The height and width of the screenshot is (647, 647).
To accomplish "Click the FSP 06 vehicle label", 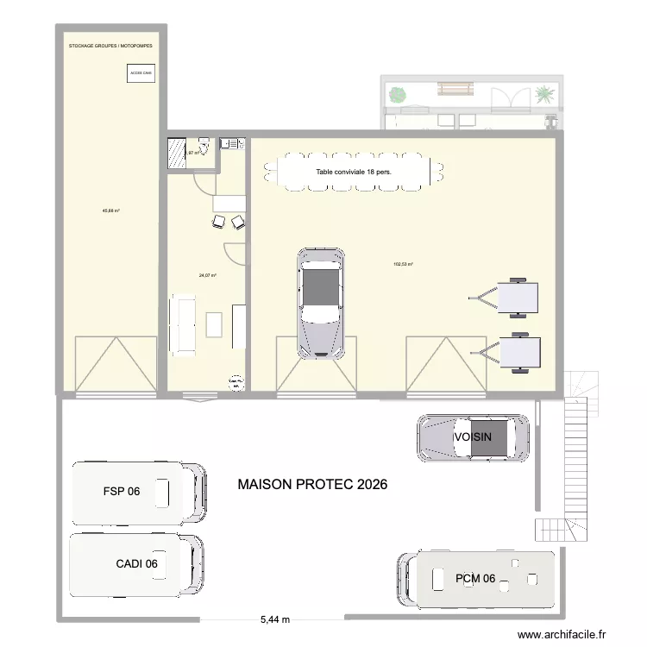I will [121, 493].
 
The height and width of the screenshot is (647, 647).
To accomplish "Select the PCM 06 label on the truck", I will [475, 579].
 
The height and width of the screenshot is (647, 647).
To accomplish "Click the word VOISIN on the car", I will [473, 437].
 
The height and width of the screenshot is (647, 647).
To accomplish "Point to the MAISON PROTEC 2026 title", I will [312, 485].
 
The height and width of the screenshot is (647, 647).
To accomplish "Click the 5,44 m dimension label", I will [274, 619].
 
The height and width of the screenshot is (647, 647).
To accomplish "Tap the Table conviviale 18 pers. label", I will [354, 172].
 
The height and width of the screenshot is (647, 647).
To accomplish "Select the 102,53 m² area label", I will [403, 265].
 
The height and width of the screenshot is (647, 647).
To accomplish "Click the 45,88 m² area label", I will [110, 210].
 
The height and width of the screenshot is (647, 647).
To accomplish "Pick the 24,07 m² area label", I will [207, 276].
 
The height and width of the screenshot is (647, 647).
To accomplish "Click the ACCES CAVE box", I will [141, 74].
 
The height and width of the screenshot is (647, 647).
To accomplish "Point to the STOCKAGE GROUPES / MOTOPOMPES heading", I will [110, 46].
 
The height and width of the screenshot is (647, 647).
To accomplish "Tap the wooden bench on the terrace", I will [455, 88].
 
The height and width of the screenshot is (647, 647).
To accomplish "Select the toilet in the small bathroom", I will [204, 144].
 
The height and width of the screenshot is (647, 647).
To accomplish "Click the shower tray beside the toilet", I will [177, 152].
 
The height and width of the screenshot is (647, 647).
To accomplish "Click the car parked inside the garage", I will [321, 302].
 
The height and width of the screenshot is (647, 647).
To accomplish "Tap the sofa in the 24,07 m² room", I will [183, 323].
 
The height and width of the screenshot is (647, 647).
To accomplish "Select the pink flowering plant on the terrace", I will [399, 92].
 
